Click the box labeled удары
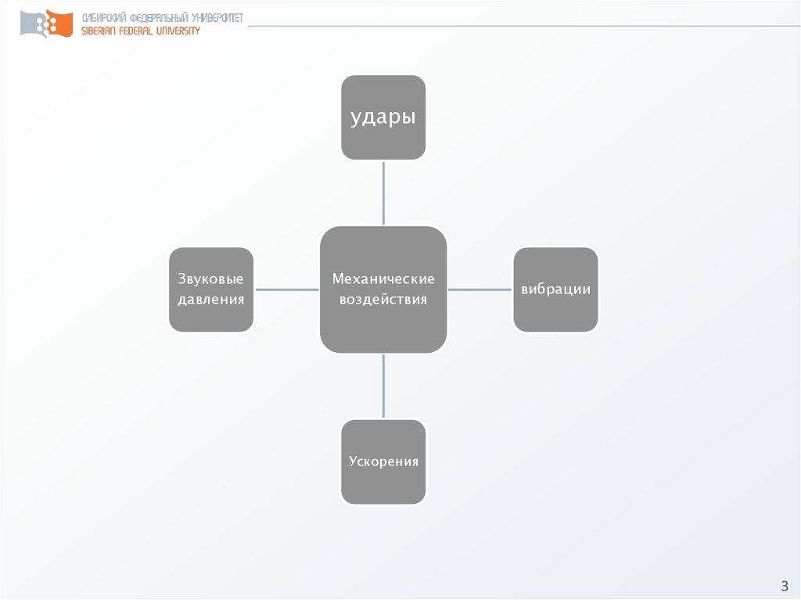click(383, 117)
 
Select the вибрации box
click(555, 289)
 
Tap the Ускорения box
click(383, 462)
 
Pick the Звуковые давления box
click(211, 289)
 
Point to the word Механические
click(383, 279)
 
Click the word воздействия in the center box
click(383, 300)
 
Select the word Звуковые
click(210, 279)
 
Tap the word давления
click(210, 300)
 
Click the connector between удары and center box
click(383, 193)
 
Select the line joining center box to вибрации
click(480, 289)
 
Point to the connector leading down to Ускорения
click(383, 386)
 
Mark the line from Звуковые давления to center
click(287, 289)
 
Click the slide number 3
click(784, 586)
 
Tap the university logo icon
click(46, 24)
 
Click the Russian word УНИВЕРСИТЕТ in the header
click(217, 18)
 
